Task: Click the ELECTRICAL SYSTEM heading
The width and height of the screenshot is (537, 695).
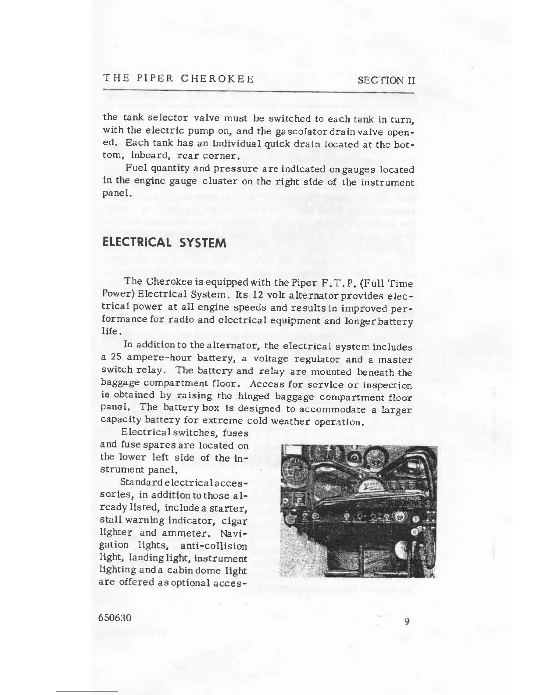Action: point(164,243)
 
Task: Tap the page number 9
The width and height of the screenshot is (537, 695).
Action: point(407,621)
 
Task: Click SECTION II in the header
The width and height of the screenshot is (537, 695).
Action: point(386,80)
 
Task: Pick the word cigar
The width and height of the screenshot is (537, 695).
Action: point(235,521)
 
